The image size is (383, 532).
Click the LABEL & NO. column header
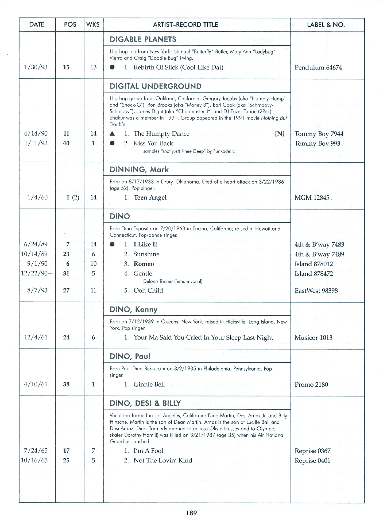[x=326, y=25]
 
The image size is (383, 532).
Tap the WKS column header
[x=93, y=25]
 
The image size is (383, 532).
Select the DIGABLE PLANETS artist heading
[x=143, y=39]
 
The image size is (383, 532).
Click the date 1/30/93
[x=36, y=67]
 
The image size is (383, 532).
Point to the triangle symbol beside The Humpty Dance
[x=113, y=134]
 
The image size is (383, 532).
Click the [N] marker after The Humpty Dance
[x=280, y=134]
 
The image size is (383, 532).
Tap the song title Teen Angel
[x=150, y=198]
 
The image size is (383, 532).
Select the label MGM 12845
[x=312, y=198]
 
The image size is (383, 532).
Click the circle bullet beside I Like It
[x=112, y=244]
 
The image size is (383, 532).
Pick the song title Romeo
[x=144, y=264]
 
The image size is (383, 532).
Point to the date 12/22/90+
[x=36, y=273]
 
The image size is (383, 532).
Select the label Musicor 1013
[x=313, y=338]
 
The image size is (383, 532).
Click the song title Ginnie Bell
[x=149, y=384]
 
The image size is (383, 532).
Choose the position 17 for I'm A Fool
[x=66, y=451]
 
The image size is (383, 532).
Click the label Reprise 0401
[x=312, y=460]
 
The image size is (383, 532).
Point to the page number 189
[x=191, y=513]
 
